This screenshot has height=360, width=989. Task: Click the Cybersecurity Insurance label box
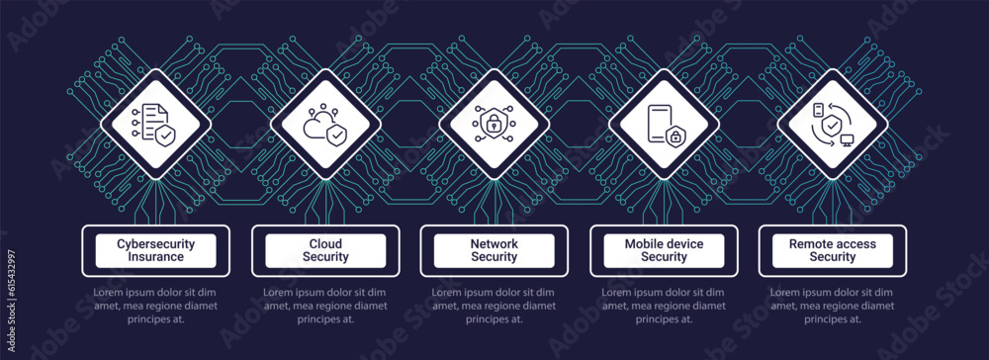[156, 250]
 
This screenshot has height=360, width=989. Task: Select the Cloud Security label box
[325, 250]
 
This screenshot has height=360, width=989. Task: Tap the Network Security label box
[494, 250]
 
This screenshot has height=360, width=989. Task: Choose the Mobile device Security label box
[664, 250]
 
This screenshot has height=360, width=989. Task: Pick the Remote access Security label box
[833, 250]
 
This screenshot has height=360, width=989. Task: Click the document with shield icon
[155, 127]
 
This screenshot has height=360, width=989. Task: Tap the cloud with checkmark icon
[325, 127]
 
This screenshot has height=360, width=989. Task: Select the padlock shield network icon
[494, 127]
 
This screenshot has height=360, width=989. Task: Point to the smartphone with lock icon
[664, 127]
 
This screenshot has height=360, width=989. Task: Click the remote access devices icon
[833, 127]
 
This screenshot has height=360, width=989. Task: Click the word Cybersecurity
[156, 243]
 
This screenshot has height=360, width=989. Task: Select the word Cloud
[325, 243]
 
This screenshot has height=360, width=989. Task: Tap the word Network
[494, 243]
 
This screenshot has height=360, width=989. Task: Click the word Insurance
[156, 257]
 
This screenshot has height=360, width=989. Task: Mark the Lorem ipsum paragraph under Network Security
[494, 306]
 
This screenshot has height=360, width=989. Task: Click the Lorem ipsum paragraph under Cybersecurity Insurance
[156, 306]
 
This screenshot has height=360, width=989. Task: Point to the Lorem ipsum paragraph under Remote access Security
[833, 306]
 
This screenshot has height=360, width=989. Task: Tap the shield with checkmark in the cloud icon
[337, 133]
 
